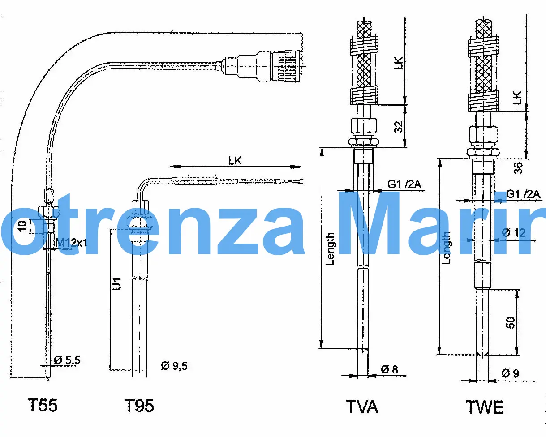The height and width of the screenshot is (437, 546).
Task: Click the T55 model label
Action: coord(43,406)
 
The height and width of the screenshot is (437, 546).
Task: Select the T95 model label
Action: coord(139,406)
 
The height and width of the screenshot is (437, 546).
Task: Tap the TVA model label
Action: coord(362,407)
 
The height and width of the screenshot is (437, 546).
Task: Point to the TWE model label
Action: coord(485,407)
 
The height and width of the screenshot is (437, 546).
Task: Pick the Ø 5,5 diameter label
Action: coord(67,360)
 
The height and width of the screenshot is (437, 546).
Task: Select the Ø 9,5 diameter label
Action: coord(174,366)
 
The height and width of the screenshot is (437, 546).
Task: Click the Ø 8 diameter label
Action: coord(389,370)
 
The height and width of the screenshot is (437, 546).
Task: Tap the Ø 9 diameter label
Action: coord(510,373)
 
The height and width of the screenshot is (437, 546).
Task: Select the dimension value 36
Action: coord(518,168)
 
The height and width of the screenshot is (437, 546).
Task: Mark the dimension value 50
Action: coord(511,322)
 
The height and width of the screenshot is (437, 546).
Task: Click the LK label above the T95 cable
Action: coord(235,160)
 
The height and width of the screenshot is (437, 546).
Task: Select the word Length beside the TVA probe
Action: coord(330,248)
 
